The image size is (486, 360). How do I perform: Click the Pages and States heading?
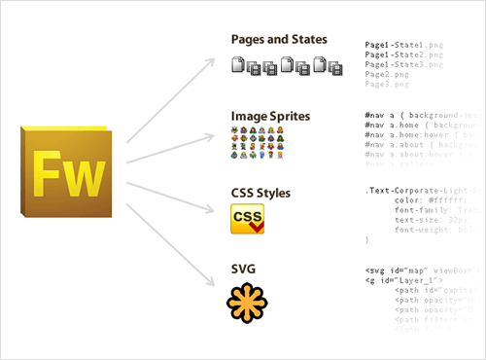[279, 40]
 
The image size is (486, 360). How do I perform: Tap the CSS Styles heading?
[260, 193]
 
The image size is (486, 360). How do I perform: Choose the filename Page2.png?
[389, 74]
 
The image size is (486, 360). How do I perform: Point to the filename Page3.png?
[389, 84]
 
